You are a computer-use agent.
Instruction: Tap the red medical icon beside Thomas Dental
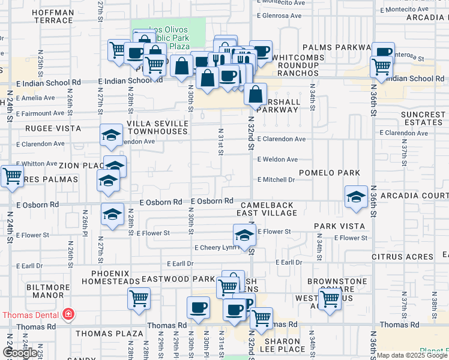tap(68, 314)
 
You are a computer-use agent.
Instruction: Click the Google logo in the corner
tap(19, 353)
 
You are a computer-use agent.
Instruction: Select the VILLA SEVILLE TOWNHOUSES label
tap(158, 127)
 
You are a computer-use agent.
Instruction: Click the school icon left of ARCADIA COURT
tap(355, 197)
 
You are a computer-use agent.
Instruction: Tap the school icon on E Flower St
tap(243, 235)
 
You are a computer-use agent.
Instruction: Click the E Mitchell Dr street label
tap(276, 179)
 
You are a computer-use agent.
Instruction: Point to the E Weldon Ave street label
tap(277, 160)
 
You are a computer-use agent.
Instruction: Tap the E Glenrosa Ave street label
tap(279, 17)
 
